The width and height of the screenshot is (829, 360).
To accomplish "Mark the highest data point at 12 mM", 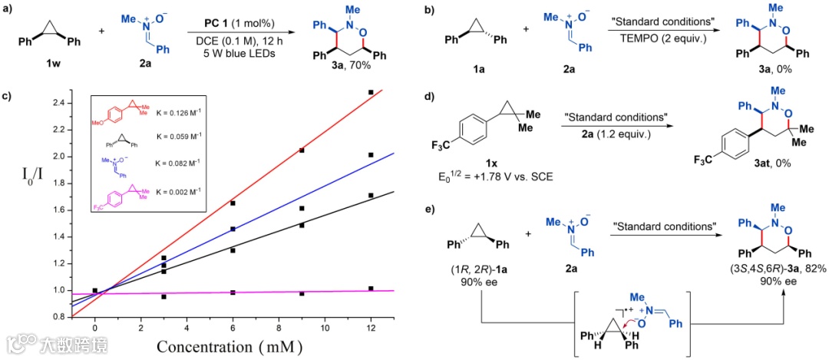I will click(x=371, y=93).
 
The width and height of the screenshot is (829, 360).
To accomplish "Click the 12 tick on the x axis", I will click(x=371, y=329).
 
